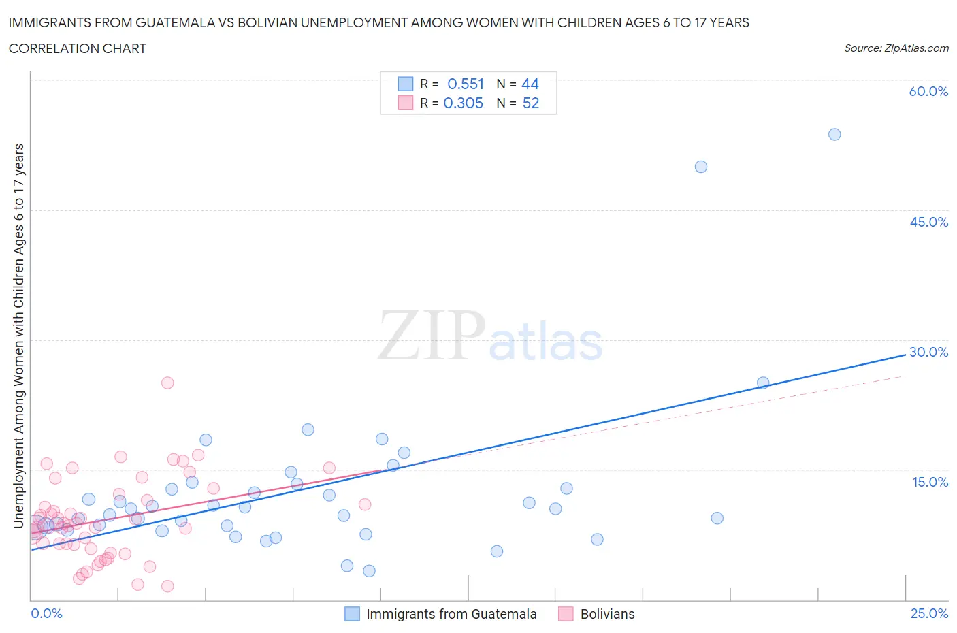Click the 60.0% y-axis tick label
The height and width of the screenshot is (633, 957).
pyautogui.click(x=928, y=92)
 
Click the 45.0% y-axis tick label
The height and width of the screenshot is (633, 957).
pyautogui.click(x=928, y=222)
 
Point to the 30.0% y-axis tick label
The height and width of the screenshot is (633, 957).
pyautogui.click(x=928, y=352)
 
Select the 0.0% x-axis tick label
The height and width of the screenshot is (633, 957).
pyautogui.click(x=46, y=613)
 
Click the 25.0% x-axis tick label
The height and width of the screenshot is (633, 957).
pyautogui.click(x=929, y=613)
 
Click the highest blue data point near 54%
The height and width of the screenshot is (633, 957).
pyautogui.click(x=834, y=134)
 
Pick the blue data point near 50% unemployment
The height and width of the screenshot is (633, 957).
pyautogui.click(x=701, y=167)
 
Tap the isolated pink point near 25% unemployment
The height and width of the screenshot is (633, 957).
pyautogui.click(x=167, y=383)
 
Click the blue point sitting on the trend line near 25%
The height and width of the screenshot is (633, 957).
pyautogui.click(x=763, y=383)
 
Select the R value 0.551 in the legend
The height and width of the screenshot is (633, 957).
pyautogui.click(x=466, y=84)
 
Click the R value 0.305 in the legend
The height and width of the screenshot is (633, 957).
pyautogui.click(x=464, y=103)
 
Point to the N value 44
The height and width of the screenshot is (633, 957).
pyautogui.click(x=530, y=84)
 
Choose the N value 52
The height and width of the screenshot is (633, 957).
pyautogui.click(x=531, y=103)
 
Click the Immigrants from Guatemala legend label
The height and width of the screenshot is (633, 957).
pyautogui.click(x=451, y=614)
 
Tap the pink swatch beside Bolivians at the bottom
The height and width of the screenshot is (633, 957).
pyautogui.click(x=566, y=614)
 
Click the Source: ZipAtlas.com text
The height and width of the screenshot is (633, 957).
pyautogui.click(x=896, y=48)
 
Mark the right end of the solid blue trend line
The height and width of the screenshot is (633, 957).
pyautogui.click(x=905, y=355)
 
